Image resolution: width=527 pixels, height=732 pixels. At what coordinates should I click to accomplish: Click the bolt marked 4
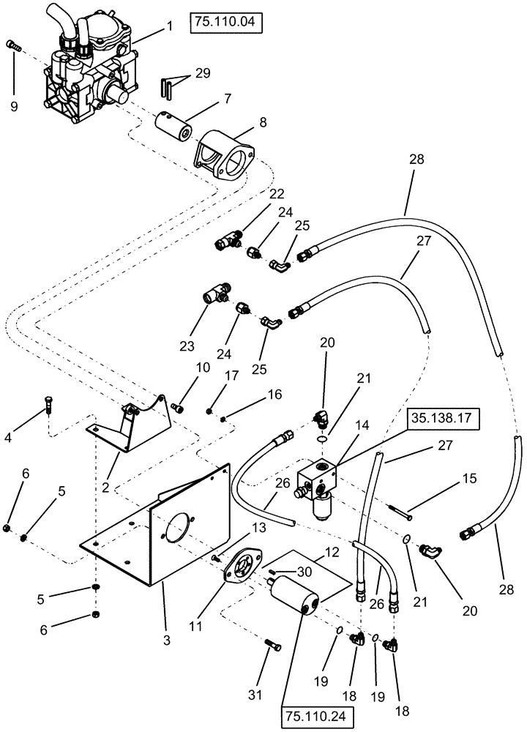tap(48, 403)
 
